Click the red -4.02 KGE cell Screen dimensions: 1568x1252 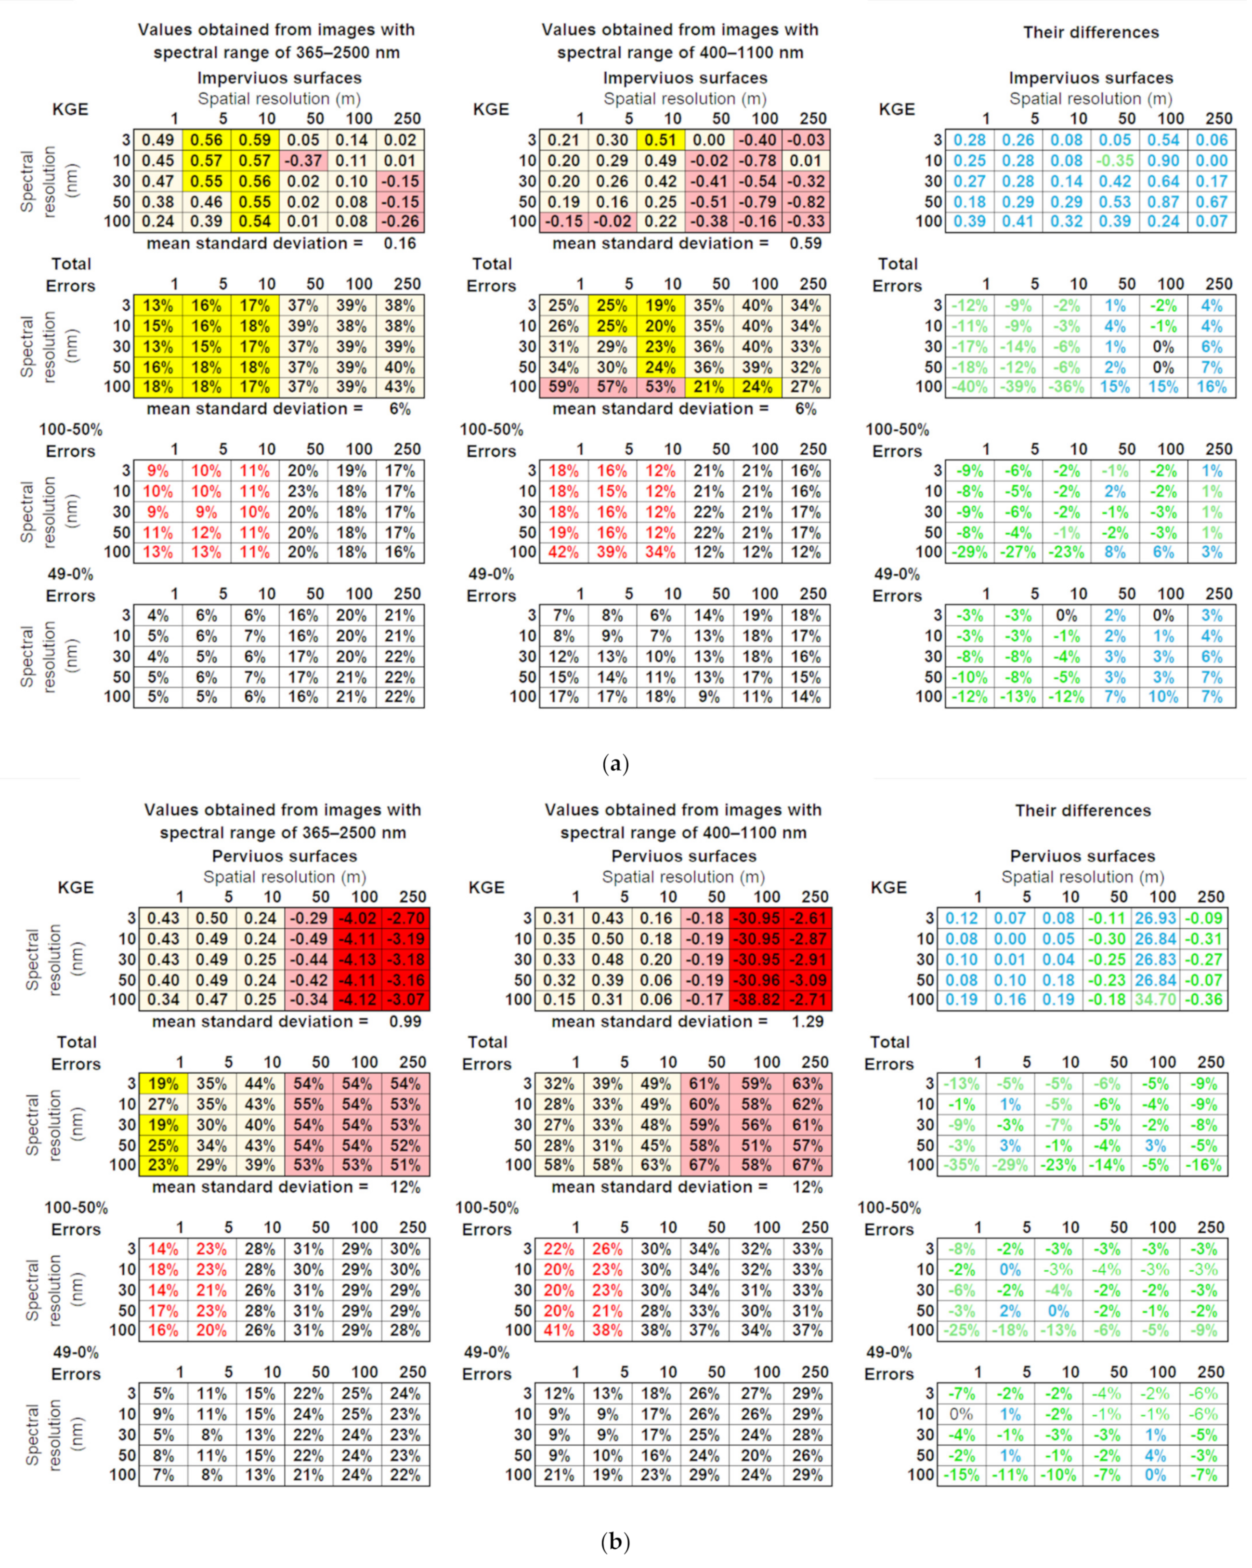[x=357, y=919]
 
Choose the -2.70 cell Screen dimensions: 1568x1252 [x=405, y=919]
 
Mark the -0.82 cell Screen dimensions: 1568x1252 [x=806, y=201]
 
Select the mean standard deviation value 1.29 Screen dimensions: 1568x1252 [x=808, y=1022]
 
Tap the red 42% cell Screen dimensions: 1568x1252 [x=563, y=552]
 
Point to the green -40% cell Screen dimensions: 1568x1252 [x=969, y=387]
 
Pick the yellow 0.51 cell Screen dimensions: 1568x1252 [x=660, y=140]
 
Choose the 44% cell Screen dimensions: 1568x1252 [x=260, y=1084]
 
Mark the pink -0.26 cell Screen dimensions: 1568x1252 [x=400, y=222]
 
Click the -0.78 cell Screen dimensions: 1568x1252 [x=757, y=161]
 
